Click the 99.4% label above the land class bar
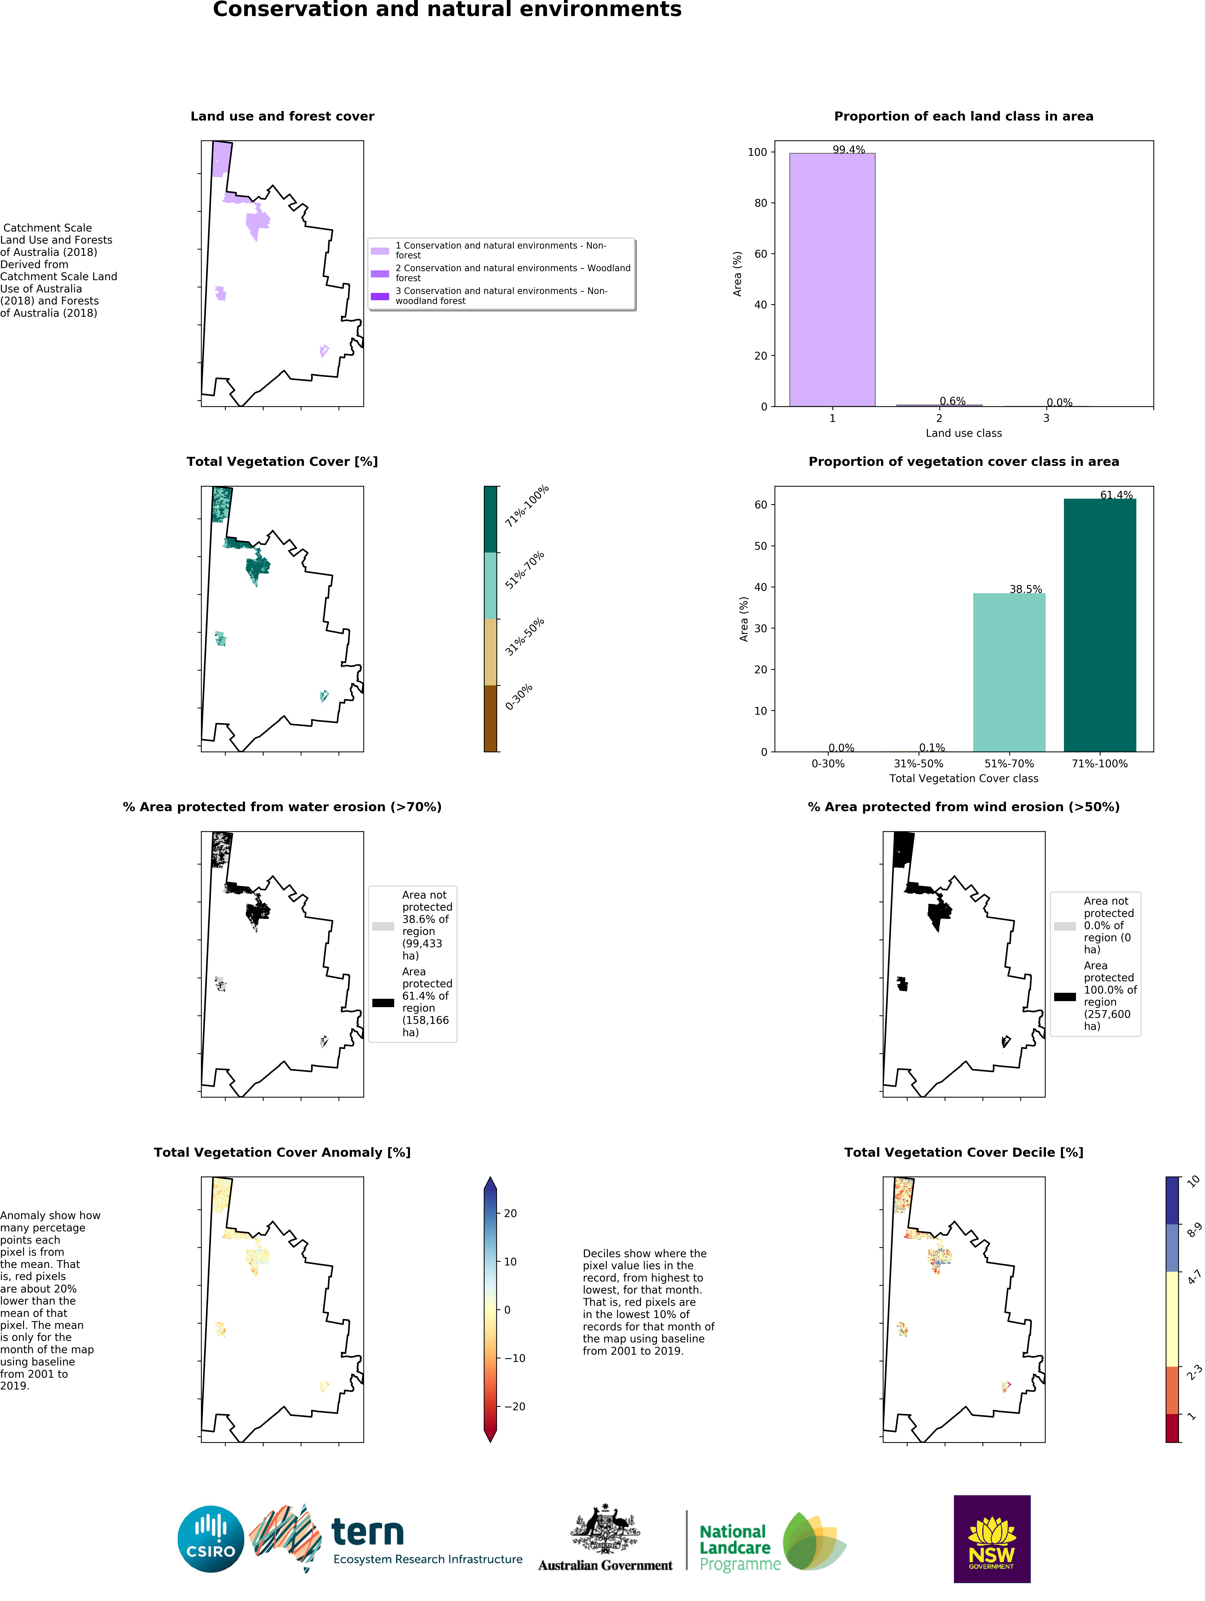point(848,150)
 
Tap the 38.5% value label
point(1026,589)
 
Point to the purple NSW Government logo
point(992,1539)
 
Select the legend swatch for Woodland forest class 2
point(380,274)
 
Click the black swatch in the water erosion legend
point(383,1002)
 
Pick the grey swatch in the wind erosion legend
point(1065,926)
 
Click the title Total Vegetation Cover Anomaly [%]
point(282,1152)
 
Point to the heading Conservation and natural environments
point(447,10)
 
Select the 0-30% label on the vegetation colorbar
point(519,696)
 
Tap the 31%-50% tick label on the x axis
point(918,764)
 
